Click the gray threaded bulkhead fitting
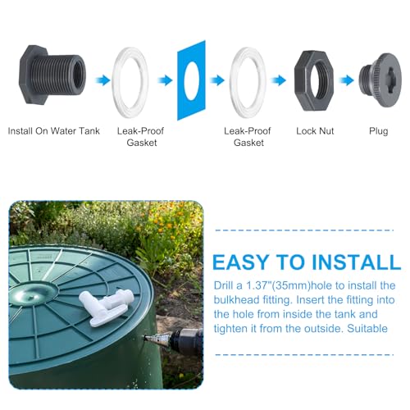point(54,78)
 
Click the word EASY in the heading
point(244,263)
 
